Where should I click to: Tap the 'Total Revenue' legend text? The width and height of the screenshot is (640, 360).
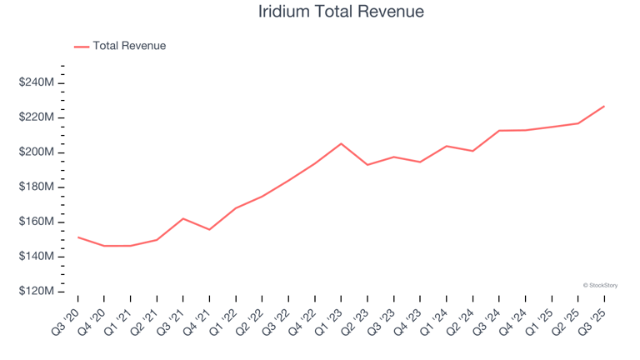pos(129,46)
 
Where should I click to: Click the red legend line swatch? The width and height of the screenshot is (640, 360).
pos(82,47)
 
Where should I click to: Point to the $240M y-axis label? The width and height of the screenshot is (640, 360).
pos(37,82)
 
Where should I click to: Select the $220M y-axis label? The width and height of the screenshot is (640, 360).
pos(37,117)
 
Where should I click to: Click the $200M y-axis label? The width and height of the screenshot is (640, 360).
pos(37,152)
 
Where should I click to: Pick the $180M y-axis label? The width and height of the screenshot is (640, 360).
pos(37,187)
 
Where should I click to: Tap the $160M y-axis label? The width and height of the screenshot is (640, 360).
pos(37,222)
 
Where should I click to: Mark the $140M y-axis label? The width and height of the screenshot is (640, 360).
pos(37,257)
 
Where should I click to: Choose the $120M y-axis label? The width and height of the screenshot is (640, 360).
pos(37,292)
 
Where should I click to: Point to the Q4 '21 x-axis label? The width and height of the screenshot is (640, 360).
pos(197,318)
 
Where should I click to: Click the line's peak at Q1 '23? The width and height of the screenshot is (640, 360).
pos(341,143)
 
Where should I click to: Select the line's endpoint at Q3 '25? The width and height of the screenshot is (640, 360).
pos(604,106)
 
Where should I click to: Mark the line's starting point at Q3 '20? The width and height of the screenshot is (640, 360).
pos(78,237)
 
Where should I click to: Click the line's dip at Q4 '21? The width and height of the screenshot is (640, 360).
pos(209,229)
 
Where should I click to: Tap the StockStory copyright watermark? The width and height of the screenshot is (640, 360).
pos(600,285)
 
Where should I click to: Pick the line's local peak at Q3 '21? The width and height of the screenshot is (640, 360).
pos(183,218)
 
